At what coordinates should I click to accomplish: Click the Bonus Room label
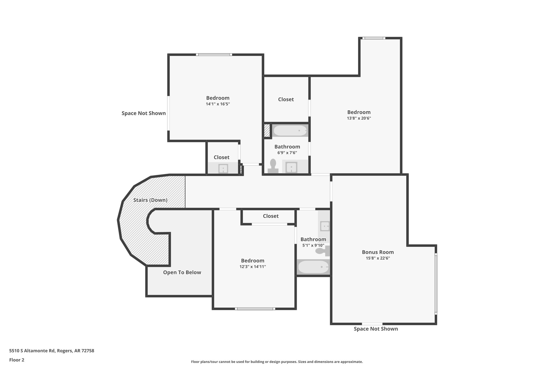coord(378,252)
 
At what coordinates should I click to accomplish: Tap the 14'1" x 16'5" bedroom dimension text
coord(217,104)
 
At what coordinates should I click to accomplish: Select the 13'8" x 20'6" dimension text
coord(359,118)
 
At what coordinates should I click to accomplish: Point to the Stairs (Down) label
coord(150,200)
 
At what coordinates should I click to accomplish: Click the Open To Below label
coord(182,272)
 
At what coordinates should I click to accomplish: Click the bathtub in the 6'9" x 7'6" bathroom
coord(290,131)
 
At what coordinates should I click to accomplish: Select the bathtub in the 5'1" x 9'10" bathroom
coord(313,267)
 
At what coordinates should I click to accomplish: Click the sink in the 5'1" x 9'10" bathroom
coord(324,226)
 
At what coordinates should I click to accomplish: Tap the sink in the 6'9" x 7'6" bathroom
coord(291,167)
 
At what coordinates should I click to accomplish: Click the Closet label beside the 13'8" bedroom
coord(286,99)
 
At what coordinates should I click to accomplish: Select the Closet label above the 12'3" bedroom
coord(271,216)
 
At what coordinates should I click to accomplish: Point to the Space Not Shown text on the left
coord(143,113)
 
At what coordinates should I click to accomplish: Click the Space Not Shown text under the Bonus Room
coord(375,329)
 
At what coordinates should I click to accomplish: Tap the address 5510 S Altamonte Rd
coord(51,351)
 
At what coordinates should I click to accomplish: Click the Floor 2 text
coord(17,360)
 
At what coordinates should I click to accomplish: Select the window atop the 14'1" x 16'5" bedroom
coord(214,55)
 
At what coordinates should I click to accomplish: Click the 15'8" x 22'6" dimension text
coord(378,258)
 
